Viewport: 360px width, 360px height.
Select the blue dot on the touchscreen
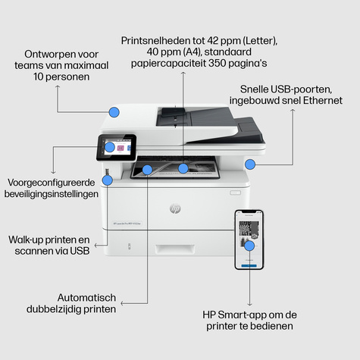[110, 147]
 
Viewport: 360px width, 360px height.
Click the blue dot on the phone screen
[249, 245]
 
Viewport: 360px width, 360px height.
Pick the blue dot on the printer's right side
[250, 164]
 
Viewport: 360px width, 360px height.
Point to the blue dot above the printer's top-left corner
[114, 111]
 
